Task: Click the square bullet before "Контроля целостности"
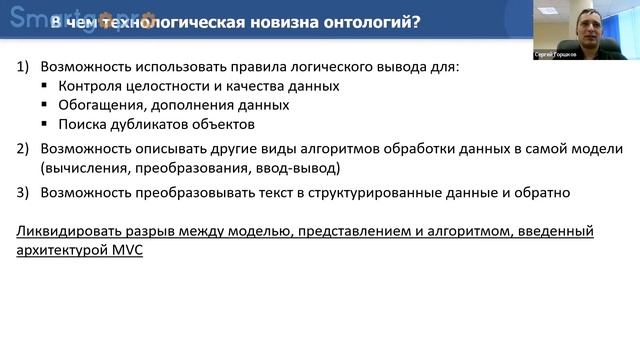(46, 87)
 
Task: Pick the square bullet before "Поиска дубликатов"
(46, 125)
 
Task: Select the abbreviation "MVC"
(125, 251)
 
